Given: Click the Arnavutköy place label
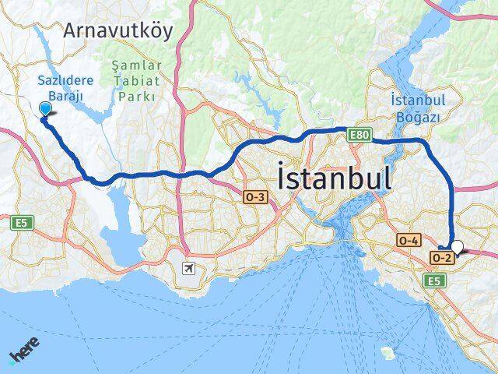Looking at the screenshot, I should point(120,30).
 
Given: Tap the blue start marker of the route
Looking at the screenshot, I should point(45,109).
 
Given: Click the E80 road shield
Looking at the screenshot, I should point(358,135).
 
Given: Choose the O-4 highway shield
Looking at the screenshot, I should point(410,241).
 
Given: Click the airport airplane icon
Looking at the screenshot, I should point(188,269).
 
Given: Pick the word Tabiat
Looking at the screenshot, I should point(136,82).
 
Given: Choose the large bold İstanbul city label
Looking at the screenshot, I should point(334,178).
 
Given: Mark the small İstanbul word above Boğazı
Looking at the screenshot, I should point(417,101).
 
